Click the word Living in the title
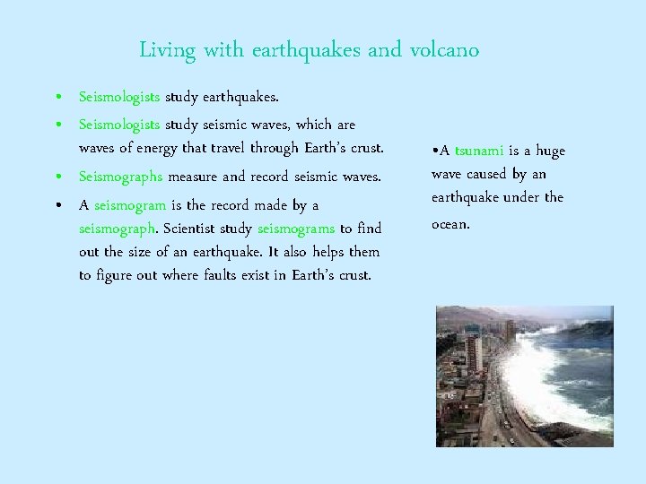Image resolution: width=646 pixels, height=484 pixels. (x=167, y=50)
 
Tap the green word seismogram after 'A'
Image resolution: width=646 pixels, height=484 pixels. (x=130, y=205)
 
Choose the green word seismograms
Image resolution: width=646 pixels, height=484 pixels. (x=295, y=229)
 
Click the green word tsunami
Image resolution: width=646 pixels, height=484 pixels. (x=479, y=151)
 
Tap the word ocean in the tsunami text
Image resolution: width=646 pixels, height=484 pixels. (x=450, y=223)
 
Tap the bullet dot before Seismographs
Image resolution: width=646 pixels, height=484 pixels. (x=57, y=177)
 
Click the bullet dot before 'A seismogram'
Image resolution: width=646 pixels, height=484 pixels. (x=57, y=206)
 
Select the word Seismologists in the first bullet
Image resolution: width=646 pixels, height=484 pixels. (x=119, y=95)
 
